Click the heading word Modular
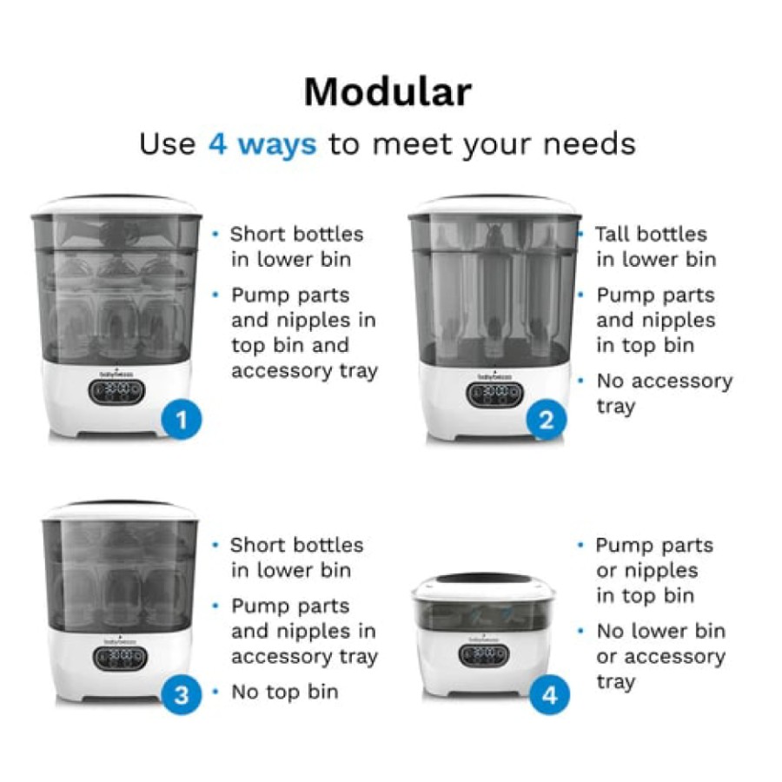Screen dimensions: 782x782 [x=388, y=92]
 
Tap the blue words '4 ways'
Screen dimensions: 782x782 [x=262, y=144]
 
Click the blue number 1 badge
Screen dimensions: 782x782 [x=182, y=420]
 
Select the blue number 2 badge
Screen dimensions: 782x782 [x=547, y=420]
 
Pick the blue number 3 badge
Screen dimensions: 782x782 [x=182, y=695]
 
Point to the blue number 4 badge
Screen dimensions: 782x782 [x=549, y=695]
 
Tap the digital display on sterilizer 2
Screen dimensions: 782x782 [x=494, y=394]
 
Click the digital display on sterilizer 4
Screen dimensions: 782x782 [x=483, y=655]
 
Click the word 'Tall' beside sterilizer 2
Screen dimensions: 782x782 [x=613, y=234]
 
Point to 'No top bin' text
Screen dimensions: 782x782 [x=285, y=692]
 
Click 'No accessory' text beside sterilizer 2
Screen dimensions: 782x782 [x=665, y=381]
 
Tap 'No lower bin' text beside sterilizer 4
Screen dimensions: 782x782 [x=661, y=631]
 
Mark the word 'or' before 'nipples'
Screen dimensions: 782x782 [x=606, y=571]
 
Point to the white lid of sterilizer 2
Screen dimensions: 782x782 [x=494, y=205]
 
